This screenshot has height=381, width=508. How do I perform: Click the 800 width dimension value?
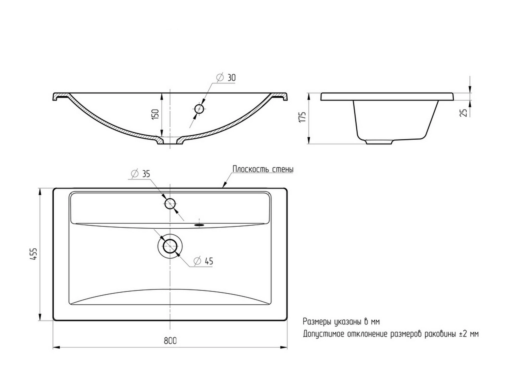coord(170,341)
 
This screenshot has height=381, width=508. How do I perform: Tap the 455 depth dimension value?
coord(34,254)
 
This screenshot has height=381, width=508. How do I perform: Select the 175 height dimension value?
coord(303,117)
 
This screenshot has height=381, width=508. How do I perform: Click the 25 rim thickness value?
coord(464,113)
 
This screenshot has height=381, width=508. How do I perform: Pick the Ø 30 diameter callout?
coord(226,77)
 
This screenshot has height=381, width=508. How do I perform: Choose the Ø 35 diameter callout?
coord(140,174)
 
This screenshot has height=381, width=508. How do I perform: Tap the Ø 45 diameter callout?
coord(203,261)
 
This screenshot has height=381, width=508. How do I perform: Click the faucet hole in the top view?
coord(170,204)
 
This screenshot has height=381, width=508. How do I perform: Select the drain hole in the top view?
coord(170,246)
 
